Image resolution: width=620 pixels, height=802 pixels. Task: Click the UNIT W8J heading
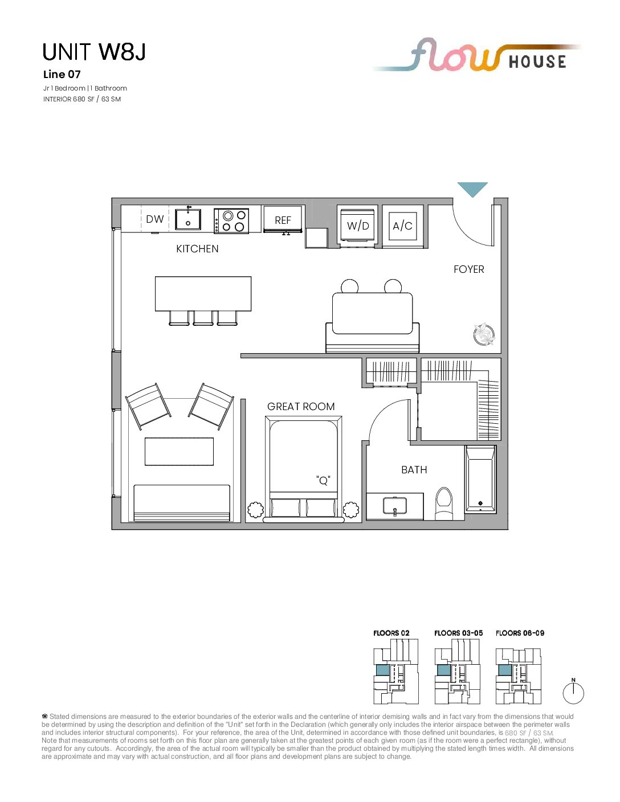pos(94,52)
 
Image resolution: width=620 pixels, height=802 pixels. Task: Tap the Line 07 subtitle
pos(62,75)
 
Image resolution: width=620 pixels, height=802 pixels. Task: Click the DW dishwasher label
pos(155,219)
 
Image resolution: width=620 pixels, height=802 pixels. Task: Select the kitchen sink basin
pos(188,219)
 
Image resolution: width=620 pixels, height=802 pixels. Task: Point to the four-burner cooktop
pos(231,220)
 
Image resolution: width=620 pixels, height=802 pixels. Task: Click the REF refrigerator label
pos(283,220)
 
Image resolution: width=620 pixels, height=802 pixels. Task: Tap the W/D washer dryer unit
pos(358,225)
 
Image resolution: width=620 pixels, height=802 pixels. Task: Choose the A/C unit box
pos(402,226)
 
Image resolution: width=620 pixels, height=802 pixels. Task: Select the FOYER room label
pos(468,269)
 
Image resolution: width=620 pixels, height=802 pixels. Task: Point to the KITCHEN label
pos(197,249)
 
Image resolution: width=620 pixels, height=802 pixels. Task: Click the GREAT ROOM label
pos(301,407)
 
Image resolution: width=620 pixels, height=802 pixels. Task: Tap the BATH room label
pos(414,470)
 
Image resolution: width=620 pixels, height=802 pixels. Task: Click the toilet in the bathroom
pos(444,503)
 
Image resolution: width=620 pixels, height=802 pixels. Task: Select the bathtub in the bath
pos(480,479)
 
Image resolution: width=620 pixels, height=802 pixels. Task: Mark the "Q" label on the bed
pos(323,480)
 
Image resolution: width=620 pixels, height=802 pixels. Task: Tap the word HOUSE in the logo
pos(537,62)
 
